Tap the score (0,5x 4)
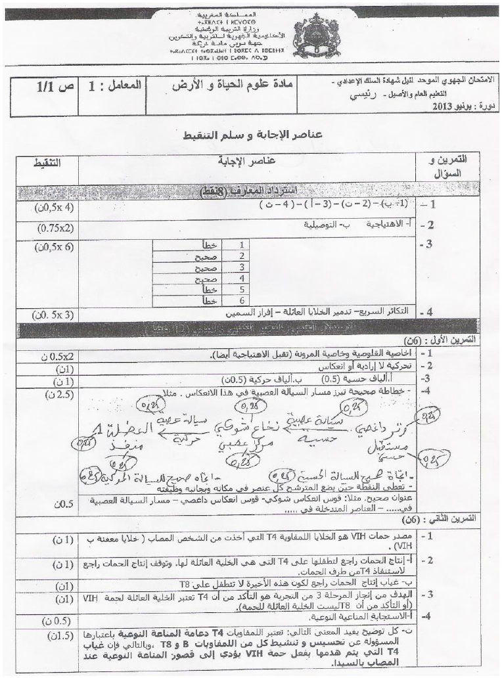51,207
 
